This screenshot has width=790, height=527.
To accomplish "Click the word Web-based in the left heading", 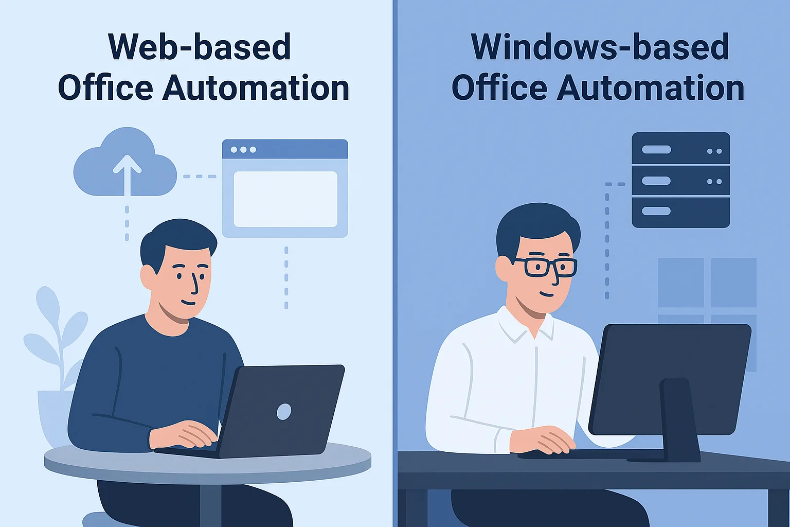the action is (200, 47).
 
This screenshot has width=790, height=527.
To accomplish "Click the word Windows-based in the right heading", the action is (600, 47).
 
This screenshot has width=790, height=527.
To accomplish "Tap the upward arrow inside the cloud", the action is (127, 175).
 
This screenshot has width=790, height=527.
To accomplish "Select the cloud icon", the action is (125, 162).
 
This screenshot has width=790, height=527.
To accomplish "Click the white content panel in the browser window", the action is (285, 199).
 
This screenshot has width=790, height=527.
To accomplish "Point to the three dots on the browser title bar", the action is (243, 150).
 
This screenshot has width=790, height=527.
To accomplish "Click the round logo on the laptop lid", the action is (284, 412).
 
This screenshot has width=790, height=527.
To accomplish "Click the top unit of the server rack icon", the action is (680, 148).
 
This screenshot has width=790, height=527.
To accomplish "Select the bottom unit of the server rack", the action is (680, 212).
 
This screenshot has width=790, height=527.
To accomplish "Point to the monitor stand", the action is (679, 420).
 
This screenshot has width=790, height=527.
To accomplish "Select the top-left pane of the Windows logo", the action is (681, 283).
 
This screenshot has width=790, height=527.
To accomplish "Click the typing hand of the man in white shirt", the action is (547, 440).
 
